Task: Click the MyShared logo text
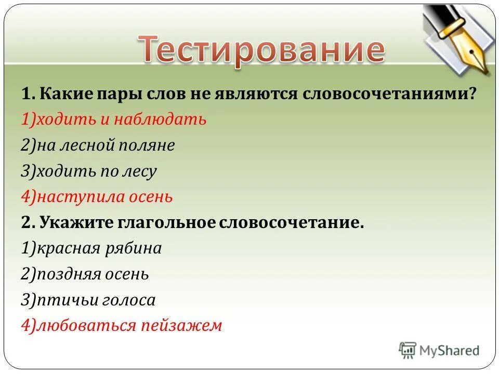coord(450,351)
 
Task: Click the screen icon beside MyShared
coord(408,351)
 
